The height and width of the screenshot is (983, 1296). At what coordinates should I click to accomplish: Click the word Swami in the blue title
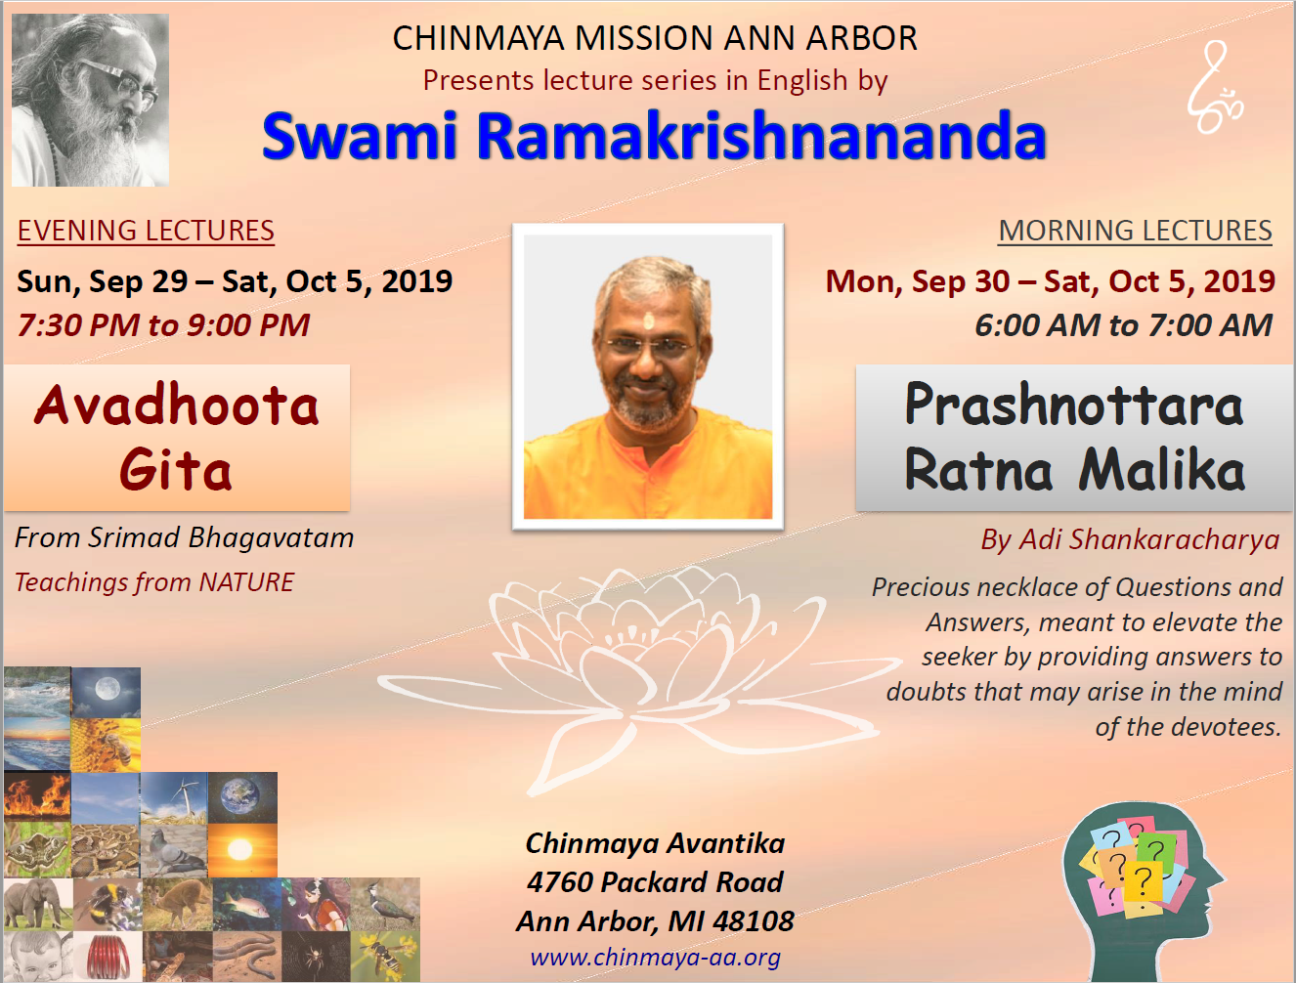pos(360,136)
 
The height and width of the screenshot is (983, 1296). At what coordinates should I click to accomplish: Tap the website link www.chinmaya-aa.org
pos(655,957)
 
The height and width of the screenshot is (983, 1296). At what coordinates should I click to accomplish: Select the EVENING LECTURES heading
pos(146,230)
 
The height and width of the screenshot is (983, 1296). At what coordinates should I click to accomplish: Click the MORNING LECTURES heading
pos(1135,230)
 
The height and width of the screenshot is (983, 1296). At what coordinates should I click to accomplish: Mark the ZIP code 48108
pos(753,921)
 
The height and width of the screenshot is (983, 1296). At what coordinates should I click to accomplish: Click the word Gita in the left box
pos(175,470)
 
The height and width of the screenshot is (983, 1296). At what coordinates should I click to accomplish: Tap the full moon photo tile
pos(107,692)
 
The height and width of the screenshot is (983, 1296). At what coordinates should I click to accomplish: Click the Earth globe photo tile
pos(242,797)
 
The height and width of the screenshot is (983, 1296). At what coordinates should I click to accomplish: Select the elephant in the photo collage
pos(38,904)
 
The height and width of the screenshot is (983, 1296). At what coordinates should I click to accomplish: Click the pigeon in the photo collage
pos(174,850)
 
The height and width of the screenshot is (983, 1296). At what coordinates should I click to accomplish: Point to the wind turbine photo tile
pos(174,797)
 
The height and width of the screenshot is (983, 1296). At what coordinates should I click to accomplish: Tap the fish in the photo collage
pos(247,904)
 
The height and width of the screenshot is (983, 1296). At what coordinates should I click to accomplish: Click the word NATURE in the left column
pos(247,582)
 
